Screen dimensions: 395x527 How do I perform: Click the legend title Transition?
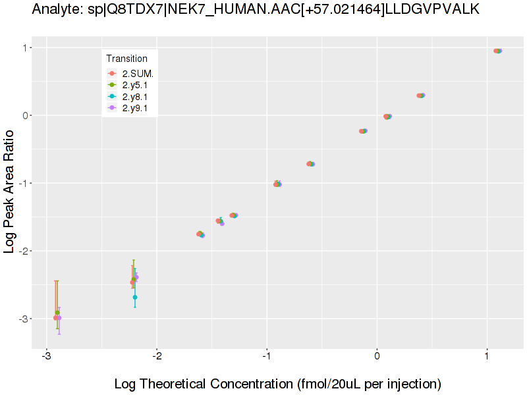pyautogui.click(x=126, y=59)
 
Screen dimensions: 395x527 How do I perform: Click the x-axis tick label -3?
pyautogui.click(x=46, y=357)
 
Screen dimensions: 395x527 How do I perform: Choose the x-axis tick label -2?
pyautogui.click(x=156, y=357)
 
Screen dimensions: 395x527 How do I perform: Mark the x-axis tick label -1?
pyautogui.click(x=266, y=357)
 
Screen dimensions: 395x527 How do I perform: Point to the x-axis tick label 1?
pyautogui.click(x=487, y=357)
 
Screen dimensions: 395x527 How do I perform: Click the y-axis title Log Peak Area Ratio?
pyautogui.click(x=11, y=191)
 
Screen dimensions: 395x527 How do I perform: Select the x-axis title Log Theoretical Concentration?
pyautogui.click(x=277, y=384)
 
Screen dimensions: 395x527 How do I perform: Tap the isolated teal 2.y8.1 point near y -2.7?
pyautogui.click(x=135, y=298)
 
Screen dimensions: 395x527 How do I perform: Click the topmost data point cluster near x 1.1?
pyautogui.click(x=498, y=51)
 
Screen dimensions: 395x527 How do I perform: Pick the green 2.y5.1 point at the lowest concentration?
pyautogui.click(x=57, y=313)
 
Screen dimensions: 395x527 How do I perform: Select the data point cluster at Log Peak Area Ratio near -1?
pyautogui.click(x=277, y=184)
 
